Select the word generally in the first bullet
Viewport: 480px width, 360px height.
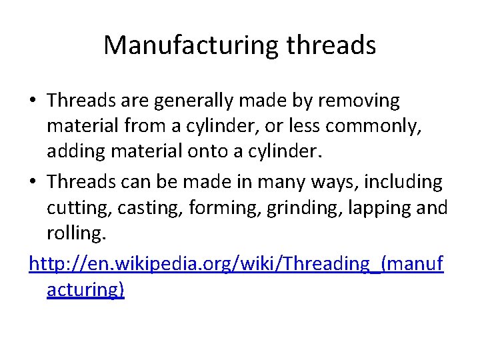(x=197, y=101)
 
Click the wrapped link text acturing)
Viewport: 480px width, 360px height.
(x=85, y=291)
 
